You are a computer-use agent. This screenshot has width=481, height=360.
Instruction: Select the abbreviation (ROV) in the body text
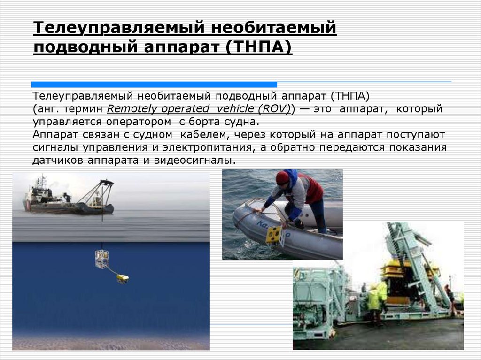[276, 109]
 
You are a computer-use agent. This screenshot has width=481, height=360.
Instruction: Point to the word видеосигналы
[204, 161]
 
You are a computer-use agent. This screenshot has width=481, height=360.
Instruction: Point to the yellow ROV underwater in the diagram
[123, 279]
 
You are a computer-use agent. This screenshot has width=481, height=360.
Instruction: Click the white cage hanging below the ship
[101, 259]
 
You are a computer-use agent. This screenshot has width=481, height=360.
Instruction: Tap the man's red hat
[282, 178]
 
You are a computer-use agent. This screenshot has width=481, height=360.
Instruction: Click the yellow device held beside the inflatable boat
[275, 235]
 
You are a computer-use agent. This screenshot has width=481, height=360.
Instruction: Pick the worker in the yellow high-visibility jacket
[374, 299]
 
